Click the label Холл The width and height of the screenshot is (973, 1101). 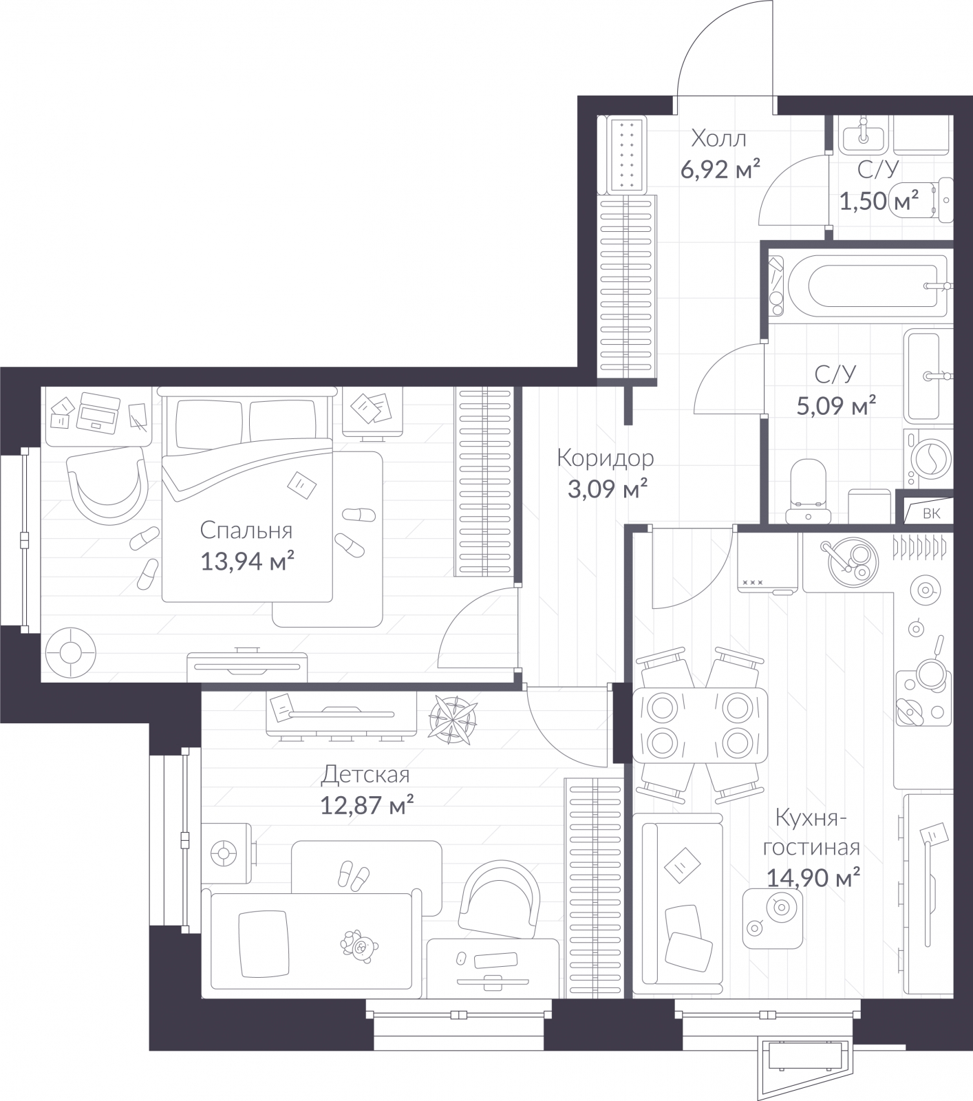718,139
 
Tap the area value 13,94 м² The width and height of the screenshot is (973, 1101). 247,562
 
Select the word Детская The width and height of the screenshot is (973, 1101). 365,775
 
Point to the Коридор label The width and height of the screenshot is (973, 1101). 605,458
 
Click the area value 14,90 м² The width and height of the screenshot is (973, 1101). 813,877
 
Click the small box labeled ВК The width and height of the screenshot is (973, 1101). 930,513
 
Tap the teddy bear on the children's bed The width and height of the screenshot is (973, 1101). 359,945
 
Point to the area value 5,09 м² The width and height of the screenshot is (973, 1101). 835,405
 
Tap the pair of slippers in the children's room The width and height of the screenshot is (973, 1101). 354,875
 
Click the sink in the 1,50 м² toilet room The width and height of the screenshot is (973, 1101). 863,134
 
